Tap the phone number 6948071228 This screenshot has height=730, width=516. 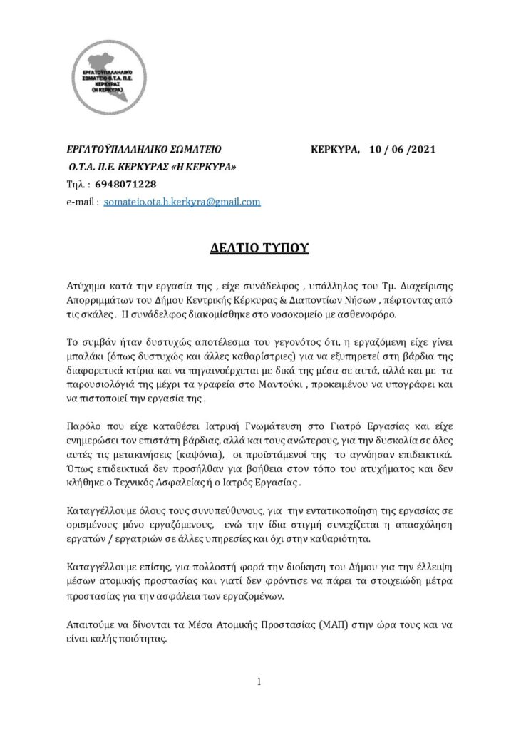click(120, 185)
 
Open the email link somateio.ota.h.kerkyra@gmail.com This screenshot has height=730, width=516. click(182, 202)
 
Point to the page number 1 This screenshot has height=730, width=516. click(259, 682)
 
